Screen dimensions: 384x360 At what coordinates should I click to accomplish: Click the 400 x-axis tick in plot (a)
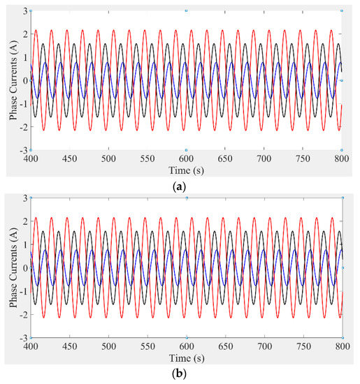click(31, 158)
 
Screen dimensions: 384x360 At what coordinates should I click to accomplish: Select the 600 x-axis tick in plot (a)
click(186, 158)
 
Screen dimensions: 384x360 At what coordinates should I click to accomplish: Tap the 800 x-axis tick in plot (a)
click(341, 158)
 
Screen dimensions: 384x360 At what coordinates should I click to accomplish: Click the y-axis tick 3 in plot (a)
click(24, 10)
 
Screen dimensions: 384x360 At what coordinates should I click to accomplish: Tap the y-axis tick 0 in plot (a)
click(24, 80)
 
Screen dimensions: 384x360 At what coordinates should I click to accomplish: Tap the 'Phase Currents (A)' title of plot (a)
click(12, 80)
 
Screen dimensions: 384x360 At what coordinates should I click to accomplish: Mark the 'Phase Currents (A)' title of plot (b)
click(12, 268)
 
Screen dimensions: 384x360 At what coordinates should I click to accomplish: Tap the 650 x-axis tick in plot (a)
click(225, 158)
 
